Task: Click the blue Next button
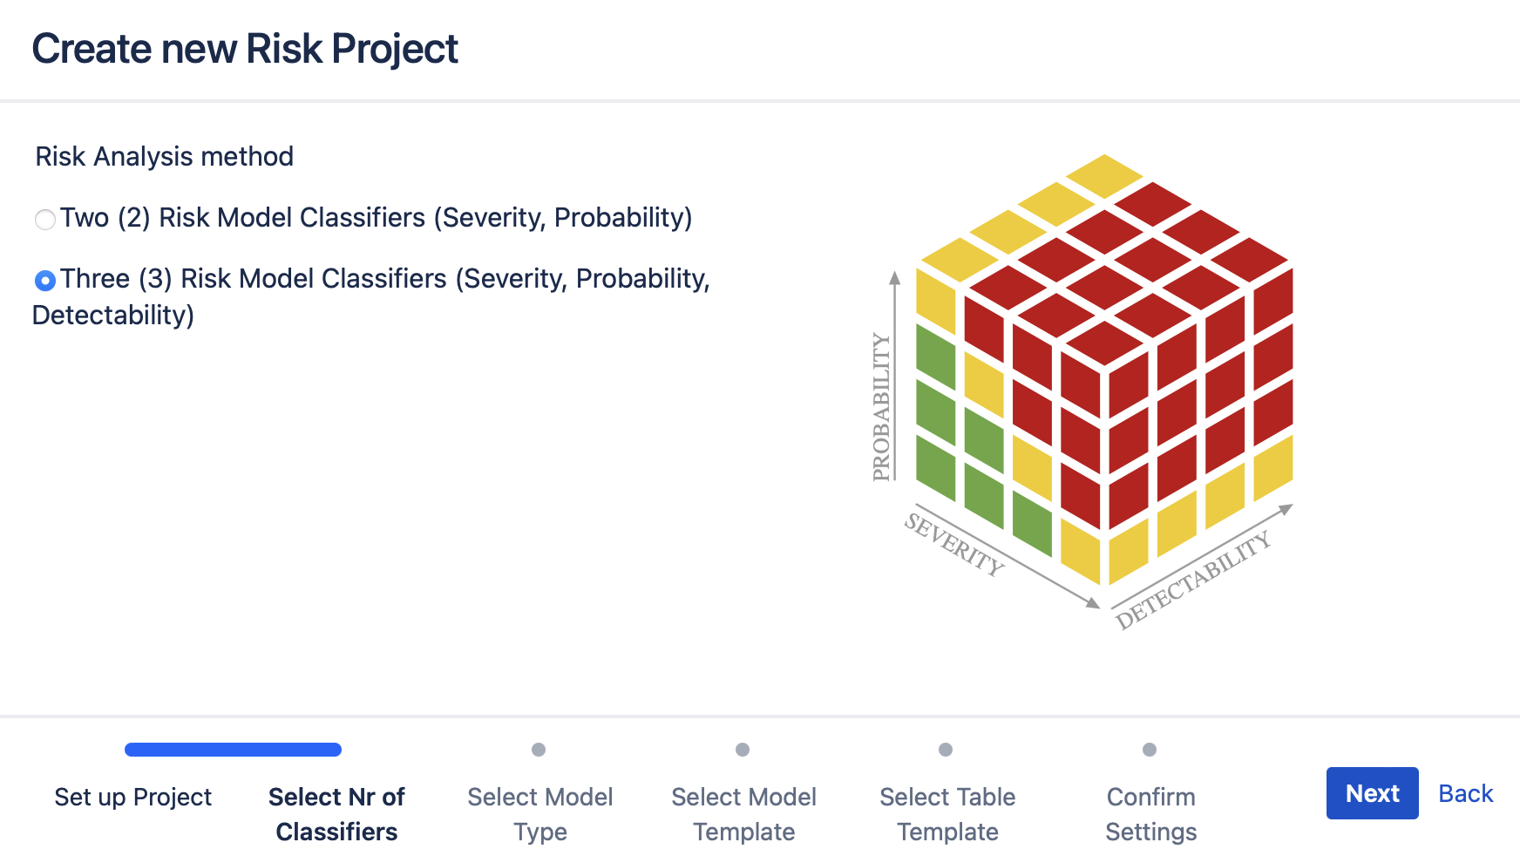[x=1372, y=793]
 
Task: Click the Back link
[x=1465, y=793]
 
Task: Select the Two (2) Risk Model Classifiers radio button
[x=45, y=219]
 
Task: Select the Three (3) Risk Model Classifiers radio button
[x=45, y=280]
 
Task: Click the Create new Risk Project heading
[x=245, y=49]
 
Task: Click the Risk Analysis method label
[x=164, y=157]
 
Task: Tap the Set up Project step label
[x=132, y=797]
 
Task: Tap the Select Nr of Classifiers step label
[x=336, y=814]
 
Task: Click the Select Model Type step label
[x=539, y=814]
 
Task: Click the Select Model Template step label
[x=743, y=814]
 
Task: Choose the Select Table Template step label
[x=947, y=814]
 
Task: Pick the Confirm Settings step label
[x=1150, y=814]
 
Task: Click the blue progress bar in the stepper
[x=233, y=750]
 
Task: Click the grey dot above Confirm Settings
[x=1150, y=750]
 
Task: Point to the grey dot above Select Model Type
[x=539, y=750]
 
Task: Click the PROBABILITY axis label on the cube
[x=882, y=406]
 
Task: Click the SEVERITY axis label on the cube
[x=954, y=544]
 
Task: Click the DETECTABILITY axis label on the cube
[x=1193, y=580]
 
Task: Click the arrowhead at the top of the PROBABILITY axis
[x=894, y=277]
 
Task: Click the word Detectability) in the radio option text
[x=113, y=316]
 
